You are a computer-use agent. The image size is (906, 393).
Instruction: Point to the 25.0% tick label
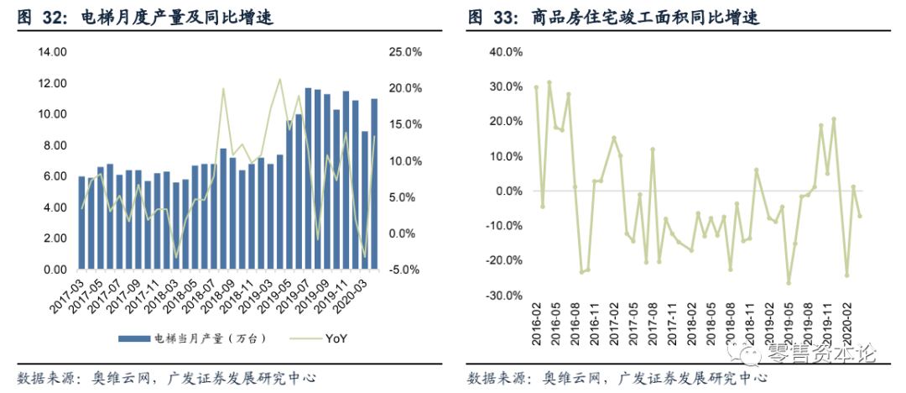[x=405, y=52]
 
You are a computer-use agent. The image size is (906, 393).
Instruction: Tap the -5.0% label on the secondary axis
[x=405, y=270]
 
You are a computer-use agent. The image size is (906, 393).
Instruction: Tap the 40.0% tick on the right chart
[x=505, y=52]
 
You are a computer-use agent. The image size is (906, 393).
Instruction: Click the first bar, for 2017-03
[x=81, y=223]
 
